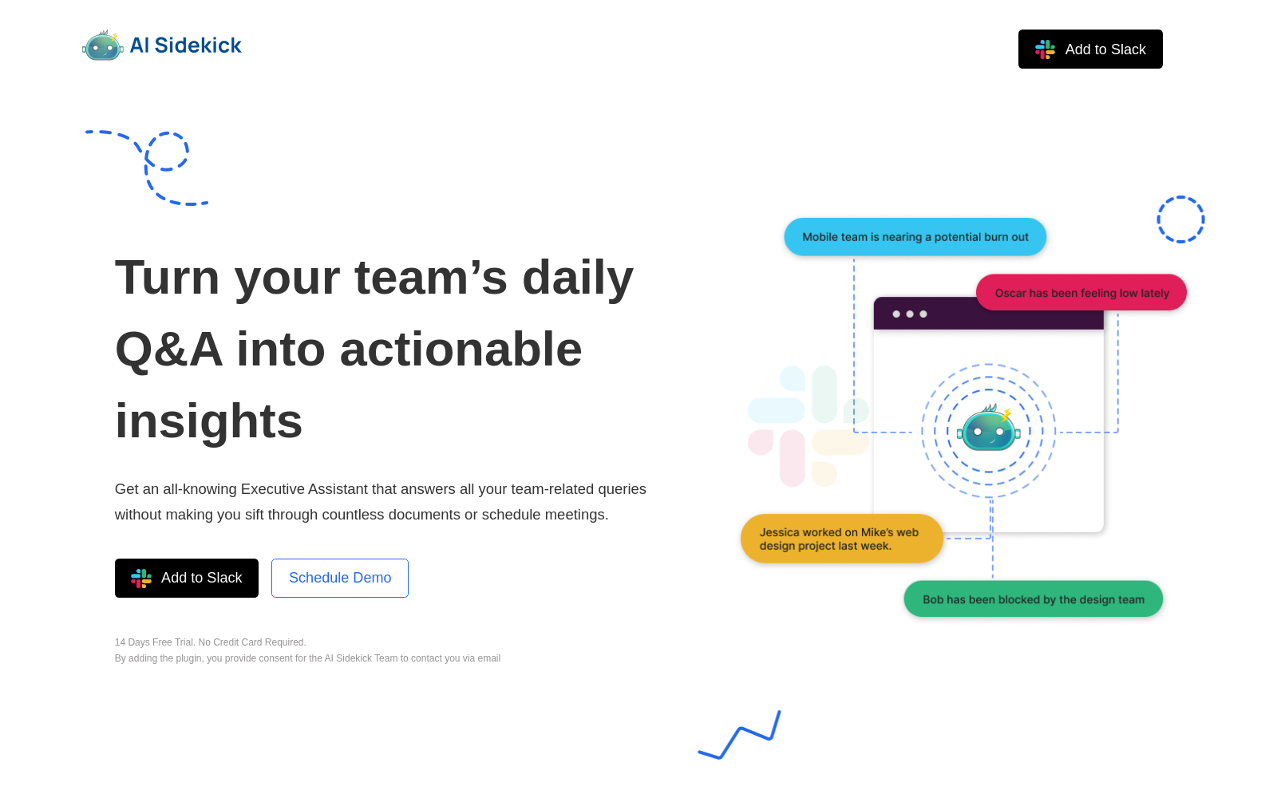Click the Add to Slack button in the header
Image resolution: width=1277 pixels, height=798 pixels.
point(1090,49)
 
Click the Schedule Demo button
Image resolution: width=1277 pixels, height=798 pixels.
point(340,578)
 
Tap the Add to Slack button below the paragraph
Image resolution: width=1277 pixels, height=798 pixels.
point(187,578)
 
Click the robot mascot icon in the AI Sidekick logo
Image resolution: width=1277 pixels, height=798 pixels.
point(103,45)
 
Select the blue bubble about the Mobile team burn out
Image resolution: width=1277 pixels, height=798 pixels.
point(915,236)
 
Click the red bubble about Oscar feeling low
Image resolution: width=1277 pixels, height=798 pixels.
point(1081,293)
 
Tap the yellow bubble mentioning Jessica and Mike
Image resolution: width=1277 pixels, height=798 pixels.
point(841,539)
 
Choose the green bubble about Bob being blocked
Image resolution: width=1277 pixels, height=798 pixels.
point(1033,599)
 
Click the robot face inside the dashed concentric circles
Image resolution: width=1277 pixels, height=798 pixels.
point(989,429)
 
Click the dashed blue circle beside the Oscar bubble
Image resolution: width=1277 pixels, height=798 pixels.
point(1180,196)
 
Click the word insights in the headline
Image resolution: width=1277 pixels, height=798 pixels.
point(208,421)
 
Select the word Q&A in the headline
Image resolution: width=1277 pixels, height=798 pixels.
point(168,350)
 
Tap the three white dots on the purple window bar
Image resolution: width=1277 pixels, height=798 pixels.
point(909,314)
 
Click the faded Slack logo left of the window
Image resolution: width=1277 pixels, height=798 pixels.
point(809,426)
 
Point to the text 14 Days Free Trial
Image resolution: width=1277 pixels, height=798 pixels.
point(155,642)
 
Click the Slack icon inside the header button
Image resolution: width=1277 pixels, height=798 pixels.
point(1045,49)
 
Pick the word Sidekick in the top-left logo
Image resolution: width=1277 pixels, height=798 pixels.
point(198,45)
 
